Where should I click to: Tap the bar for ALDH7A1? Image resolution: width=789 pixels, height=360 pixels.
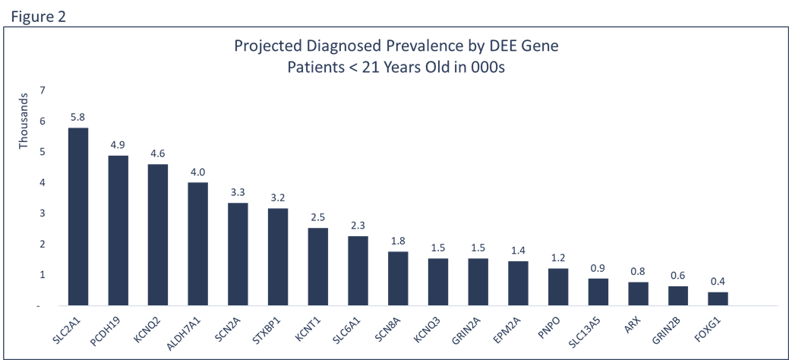point(197,244)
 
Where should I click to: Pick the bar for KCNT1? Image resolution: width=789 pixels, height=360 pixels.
point(317,267)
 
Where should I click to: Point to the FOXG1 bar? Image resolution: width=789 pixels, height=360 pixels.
point(718,298)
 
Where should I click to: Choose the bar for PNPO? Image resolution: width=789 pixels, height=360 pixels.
point(557,286)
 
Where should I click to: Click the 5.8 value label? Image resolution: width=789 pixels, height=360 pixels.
point(78,118)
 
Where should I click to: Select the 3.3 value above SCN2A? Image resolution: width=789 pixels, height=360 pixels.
point(238,192)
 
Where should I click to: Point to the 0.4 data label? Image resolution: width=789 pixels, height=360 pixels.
point(718,282)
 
